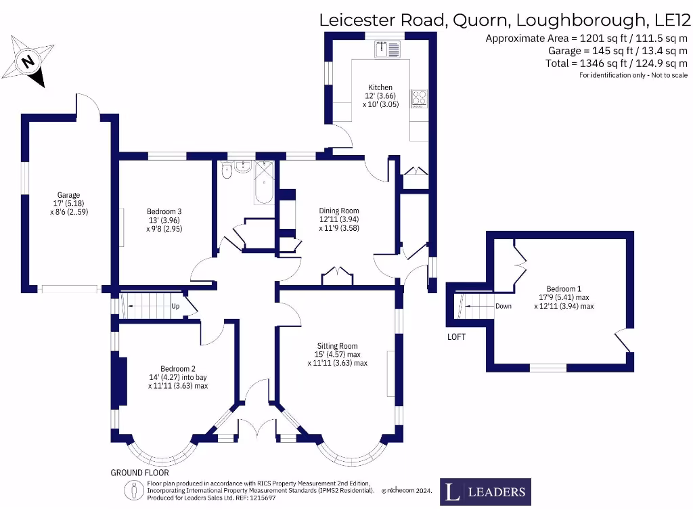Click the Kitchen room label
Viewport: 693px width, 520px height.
point(380,87)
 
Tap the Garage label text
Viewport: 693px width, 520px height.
point(68,196)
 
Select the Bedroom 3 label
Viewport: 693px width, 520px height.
point(164,211)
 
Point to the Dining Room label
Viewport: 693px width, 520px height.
point(338,211)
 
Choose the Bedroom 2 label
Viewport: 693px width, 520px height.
point(177,369)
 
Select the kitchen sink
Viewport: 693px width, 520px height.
point(387,47)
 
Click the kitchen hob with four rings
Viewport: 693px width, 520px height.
point(420,98)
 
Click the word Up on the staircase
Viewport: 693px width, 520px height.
point(175,306)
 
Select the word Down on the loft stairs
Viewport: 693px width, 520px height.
point(504,306)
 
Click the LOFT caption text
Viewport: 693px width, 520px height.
point(456,337)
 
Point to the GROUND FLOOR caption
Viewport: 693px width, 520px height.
point(139,473)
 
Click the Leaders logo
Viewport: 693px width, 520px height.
point(485,492)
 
